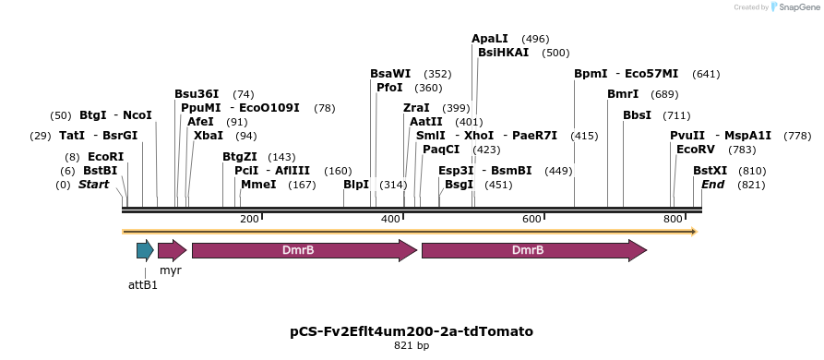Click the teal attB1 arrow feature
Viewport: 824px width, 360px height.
coord(145,250)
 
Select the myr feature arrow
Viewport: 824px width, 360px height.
coord(172,250)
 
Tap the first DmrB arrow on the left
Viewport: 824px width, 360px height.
coord(305,250)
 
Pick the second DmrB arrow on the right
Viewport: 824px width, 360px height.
coord(533,250)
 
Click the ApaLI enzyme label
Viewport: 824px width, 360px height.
coord(490,39)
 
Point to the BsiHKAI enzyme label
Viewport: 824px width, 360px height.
coord(503,53)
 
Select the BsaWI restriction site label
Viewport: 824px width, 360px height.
coord(390,74)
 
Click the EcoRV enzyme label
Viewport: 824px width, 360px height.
coord(697,149)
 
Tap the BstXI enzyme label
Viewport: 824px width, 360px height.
coord(710,171)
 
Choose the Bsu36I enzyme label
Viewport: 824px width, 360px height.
coord(197,94)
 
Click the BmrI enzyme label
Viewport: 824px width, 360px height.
coord(623,94)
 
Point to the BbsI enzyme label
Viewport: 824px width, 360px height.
coord(638,115)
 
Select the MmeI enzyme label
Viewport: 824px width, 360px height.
coord(258,185)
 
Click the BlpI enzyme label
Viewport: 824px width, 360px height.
coord(356,185)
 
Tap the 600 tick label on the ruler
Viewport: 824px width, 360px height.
coord(531,219)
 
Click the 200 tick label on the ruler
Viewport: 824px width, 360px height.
coord(249,219)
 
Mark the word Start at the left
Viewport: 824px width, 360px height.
coord(93,185)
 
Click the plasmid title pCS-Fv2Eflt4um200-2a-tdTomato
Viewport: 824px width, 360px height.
coord(412,330)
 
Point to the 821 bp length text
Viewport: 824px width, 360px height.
coord(412,346)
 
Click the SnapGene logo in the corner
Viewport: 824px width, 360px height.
coord(789,7)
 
